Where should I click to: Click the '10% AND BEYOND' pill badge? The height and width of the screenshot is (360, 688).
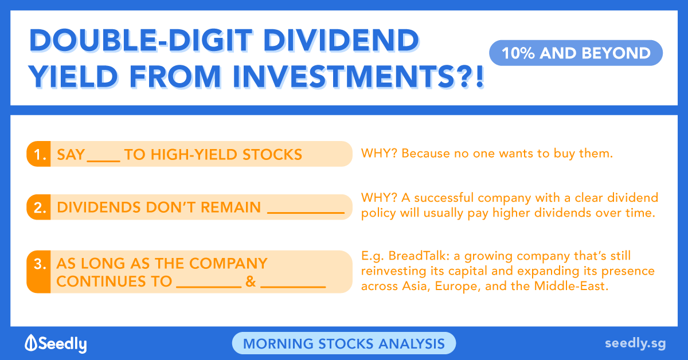tap(576, 53)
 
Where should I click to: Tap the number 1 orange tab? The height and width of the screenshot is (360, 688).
tap(39, 154)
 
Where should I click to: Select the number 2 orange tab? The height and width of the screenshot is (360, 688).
tap(39, 207)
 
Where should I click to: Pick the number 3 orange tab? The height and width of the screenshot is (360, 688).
tap(39, 272)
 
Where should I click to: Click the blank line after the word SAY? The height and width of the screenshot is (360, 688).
tap(104, 161)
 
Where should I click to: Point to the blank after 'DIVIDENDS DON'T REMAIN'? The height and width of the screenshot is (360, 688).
tap(306, 212)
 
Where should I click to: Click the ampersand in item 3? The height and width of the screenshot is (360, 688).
tap(251, 281)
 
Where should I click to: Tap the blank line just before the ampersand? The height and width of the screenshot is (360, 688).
tap(209, 287)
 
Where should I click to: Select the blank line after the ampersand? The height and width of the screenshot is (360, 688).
tap(293, 287)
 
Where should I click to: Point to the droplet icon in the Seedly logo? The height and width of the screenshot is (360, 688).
tap(31, 342)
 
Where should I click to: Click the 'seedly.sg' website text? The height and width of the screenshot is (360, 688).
tap(635, 343)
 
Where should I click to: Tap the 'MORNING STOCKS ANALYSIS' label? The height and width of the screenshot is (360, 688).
tap(344, 343)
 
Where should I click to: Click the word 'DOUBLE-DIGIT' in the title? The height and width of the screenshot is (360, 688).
tap(140, 40)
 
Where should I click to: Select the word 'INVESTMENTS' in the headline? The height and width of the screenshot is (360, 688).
tap(339, 76)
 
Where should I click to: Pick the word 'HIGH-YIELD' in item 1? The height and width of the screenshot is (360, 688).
tap(194, 155)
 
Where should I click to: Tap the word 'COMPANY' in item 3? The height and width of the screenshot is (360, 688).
tap(228, 263)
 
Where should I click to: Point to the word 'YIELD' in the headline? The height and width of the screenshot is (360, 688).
tap(73, 76)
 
